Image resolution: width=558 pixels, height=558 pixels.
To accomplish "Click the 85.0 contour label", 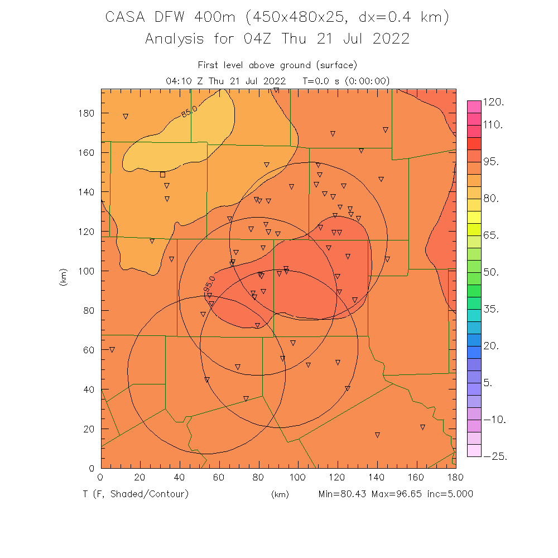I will click(x=190, y=112).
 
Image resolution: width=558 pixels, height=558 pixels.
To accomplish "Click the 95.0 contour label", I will click(x=209, y=285).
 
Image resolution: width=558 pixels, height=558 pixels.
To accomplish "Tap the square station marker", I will click(x=162, y=175).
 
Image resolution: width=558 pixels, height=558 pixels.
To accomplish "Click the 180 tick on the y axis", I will click(x=88, y=113).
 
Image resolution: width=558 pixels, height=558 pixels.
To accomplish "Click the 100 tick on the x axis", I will click(x=298, y=477).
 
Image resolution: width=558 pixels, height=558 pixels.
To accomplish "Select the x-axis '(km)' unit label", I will click(x=280, y=494).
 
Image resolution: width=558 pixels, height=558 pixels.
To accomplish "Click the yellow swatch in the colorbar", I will click(x=474, y=218).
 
